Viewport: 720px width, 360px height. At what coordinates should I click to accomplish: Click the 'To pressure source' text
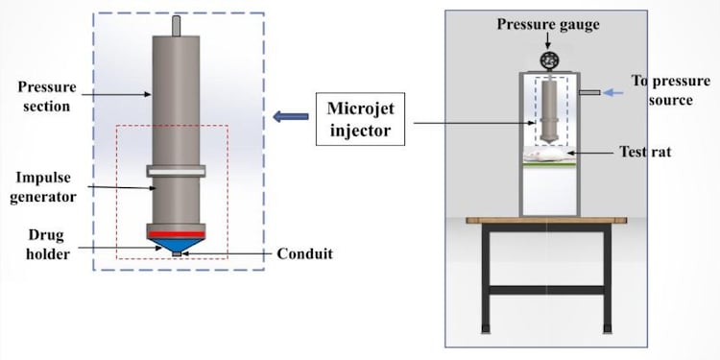pyautogui.click(x=662, y=89)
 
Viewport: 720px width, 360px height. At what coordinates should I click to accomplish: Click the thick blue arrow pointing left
pyautogui.click(x=287, y=117)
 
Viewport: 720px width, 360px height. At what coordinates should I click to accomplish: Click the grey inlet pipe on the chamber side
pyautogui.click(x=589, y=92)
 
